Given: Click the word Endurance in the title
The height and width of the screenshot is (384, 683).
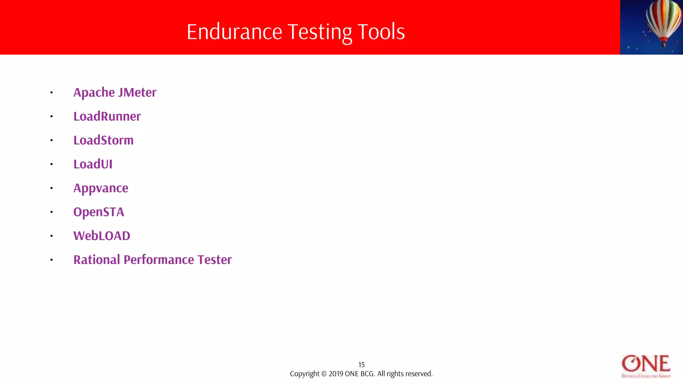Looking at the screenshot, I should [x=234, y=32].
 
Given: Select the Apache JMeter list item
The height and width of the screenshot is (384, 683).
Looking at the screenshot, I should [x=115, y=92].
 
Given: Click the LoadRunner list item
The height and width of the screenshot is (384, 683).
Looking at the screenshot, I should [x=107, y=116].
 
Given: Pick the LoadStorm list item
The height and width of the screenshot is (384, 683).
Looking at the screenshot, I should [x=103, y=140].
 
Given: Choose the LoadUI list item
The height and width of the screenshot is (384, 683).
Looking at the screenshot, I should [x=93, y=164].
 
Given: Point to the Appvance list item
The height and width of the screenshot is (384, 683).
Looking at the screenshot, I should [x=101, y=188].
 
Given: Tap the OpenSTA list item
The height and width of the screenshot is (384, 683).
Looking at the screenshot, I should [x=99, y=212].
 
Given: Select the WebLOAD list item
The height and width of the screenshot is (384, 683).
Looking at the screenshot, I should [x=102, y=236].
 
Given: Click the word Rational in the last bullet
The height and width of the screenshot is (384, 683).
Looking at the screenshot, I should [x=96, y=260].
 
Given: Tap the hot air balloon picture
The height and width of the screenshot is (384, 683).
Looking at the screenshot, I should [x=651, y=27].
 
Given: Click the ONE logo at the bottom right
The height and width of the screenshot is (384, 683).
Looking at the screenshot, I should [x=646, y=366].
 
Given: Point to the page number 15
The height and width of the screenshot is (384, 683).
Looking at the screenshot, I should [x=362, y=365].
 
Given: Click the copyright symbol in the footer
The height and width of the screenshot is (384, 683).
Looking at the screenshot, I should [x=324, y=374].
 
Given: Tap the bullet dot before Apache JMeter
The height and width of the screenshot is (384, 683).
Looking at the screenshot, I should [x=51, y=92].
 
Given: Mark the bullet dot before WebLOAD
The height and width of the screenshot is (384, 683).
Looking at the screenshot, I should [x=51, y=236].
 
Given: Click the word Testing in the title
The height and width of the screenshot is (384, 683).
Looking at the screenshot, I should [x=319, y=32].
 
